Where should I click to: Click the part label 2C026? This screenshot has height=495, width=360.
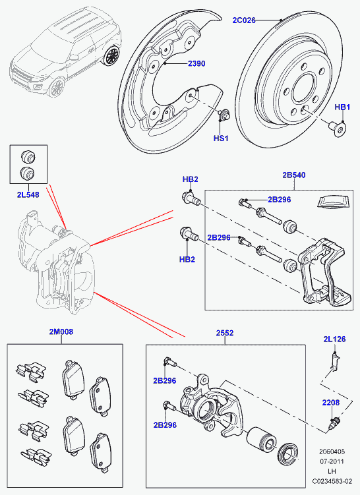[x=244, y=20]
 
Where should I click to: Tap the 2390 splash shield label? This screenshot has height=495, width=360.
[x=196, y=63]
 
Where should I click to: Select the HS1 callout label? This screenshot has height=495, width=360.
[x=221, y=138]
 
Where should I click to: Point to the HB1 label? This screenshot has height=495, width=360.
[x=342, y=107]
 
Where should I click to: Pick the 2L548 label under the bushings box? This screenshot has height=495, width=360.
[x=28, y=195]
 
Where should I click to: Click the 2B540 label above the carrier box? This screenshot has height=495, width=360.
[x=294, y=175]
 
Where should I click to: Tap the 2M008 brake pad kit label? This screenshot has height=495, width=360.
[x=61, y=332]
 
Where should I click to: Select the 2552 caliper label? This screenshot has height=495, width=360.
[x=225, y=333]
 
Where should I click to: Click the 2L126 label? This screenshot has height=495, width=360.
[x=334, y=339]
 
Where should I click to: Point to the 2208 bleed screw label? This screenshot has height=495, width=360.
[x=331, y=403]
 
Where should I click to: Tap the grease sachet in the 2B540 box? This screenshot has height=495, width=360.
[x=334, y=202]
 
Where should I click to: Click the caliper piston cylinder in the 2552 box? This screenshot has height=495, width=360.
[x=262, y=440]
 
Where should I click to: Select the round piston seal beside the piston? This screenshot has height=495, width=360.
[x=287, y=455]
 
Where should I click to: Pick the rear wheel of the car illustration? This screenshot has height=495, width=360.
[x=112, y=56]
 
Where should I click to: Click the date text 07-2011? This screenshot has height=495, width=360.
[x=332, y=461]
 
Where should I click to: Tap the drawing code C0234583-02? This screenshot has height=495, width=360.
[x=332, y=481]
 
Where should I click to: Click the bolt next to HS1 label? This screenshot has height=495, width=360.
[x=224, y=114]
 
